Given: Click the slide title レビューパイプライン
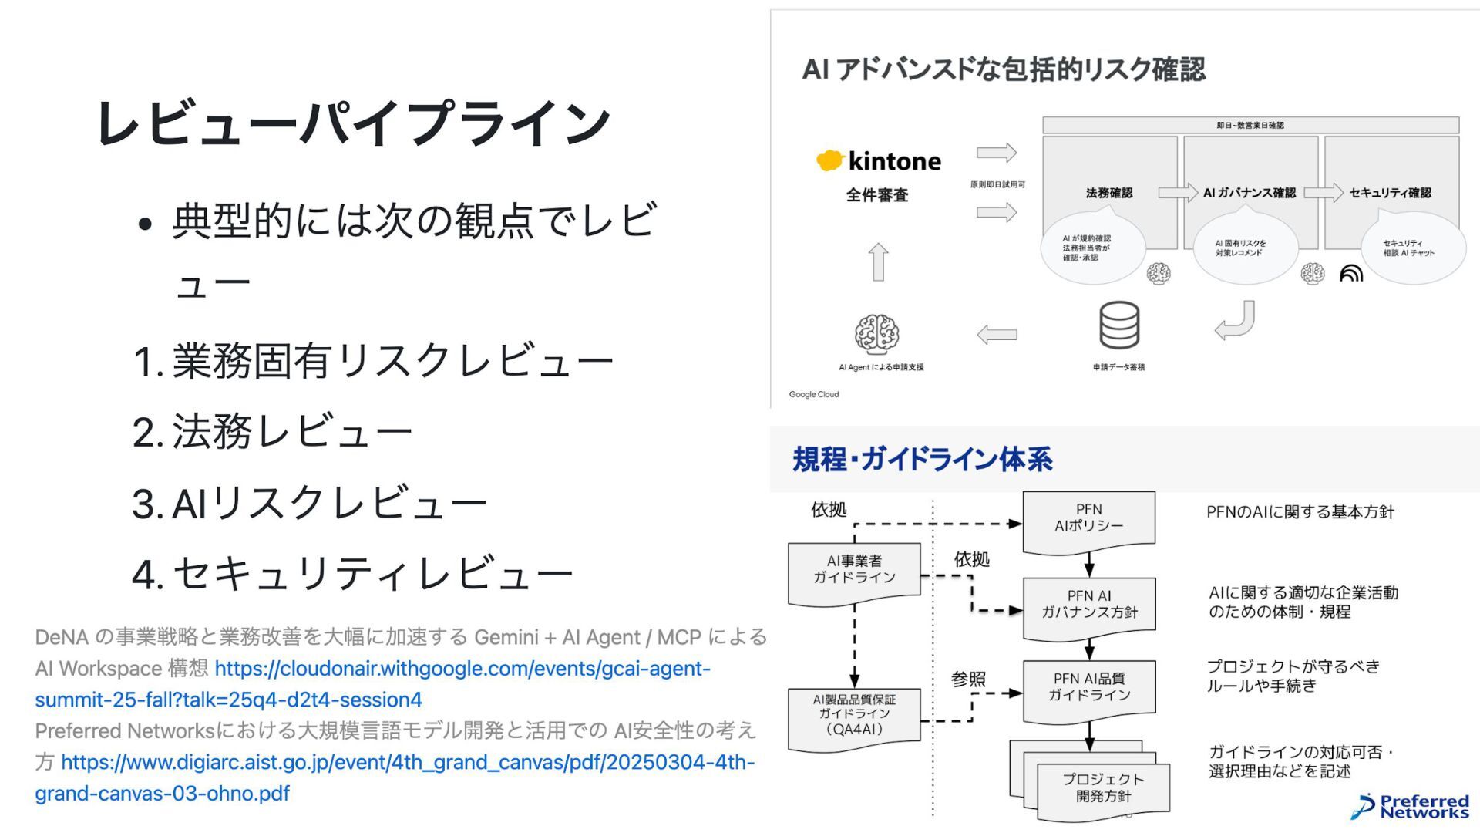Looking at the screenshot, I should (x=353, y=123).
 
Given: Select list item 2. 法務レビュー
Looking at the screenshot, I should (x=273, y=431).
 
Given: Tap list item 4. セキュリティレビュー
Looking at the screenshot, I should (x=353, y=574).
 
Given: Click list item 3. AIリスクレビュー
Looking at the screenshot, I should (x=310, y=503).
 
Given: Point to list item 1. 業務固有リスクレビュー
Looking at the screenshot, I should (x=373, y=360).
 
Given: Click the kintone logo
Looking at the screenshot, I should (x=879, y=161).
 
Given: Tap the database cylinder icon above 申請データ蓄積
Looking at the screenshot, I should (x=1118, y=325).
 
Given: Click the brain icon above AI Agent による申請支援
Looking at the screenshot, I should (x=876, y=333).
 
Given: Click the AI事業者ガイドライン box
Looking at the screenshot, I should (x=854, y=571).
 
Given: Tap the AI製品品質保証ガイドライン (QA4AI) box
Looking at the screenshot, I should (x=854, y=715).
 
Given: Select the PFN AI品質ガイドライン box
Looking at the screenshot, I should (x=1088, y=687).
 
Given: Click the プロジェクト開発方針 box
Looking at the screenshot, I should (x=1103, y=788).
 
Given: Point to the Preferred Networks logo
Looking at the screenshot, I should (x=1411, y=806).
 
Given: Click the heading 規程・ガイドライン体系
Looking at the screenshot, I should (x=923, y=460).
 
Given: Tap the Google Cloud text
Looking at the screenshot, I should (x=814, y=394).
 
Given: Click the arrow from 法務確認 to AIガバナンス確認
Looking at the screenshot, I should (x=1177, y=192).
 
